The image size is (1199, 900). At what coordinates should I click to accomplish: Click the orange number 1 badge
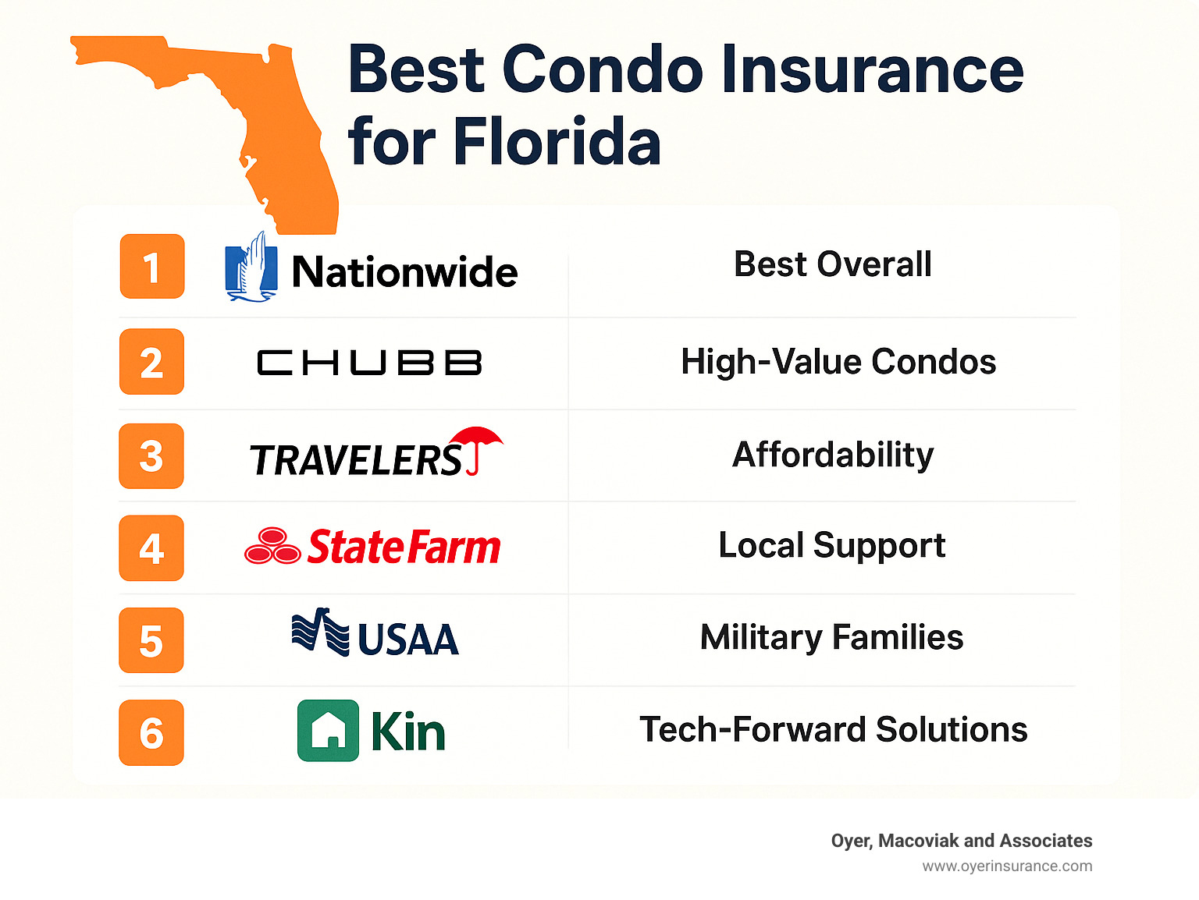pyautogui.click(x=152, y=267)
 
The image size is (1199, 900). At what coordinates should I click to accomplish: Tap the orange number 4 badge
pyautogui.click(x=151, y=547)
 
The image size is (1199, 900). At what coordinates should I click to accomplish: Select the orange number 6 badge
pyautogui.click(x=151, y=732)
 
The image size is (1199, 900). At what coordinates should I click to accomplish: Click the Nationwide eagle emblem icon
pyautogui.click(x=251, y=268)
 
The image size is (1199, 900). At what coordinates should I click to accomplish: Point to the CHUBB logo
pyautogui.click(x=369, y=363)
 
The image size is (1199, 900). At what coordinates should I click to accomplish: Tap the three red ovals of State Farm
pyautogui.click(x=272, y=546)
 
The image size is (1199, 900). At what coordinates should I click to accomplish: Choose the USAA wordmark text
pyautogui.click(x=407, y=640)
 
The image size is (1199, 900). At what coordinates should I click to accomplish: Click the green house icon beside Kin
pyautogui.click(x=328, y=731)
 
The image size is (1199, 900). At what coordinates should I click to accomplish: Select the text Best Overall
pyautogui.click(x=832, y=264)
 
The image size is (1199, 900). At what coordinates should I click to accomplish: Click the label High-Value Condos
pyautogui.click(x=838, y=362)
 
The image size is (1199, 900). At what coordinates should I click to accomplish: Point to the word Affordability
pyautogui.click(x=833, y=455)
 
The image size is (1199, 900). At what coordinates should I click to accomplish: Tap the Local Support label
pyautogui.click(x=831, y=545)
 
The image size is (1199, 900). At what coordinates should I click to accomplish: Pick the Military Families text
pyautogui.click(x=831, y=637)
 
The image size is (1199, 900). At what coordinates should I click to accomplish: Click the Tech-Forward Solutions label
pyautogui.click(x=833, y=730)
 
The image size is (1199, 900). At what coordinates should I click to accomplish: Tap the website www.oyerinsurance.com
pyautogui.click(x=1007, y=866)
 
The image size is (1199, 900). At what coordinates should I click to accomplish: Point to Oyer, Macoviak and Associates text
pyautogui.click(x=961, y=841)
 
